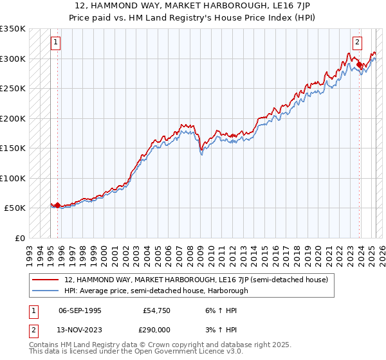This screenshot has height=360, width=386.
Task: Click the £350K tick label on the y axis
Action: [x=13, y=29]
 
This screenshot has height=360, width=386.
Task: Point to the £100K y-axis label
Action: [x=13, y=178]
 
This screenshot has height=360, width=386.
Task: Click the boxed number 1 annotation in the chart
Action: [x=56, y=42]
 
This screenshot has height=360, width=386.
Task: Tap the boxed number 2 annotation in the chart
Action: [x=357, y=42]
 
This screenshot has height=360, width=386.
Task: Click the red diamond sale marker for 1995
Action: [x=58, y=205]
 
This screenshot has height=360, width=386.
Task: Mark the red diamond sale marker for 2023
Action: [x=359, y=65]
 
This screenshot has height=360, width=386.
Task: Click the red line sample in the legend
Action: [x=45, y=280]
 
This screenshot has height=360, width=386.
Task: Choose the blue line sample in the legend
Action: [x=45, y=291]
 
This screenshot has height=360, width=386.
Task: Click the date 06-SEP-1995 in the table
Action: [x=80, y=310]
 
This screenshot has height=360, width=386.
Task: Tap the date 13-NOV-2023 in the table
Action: [x=80, y=328]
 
